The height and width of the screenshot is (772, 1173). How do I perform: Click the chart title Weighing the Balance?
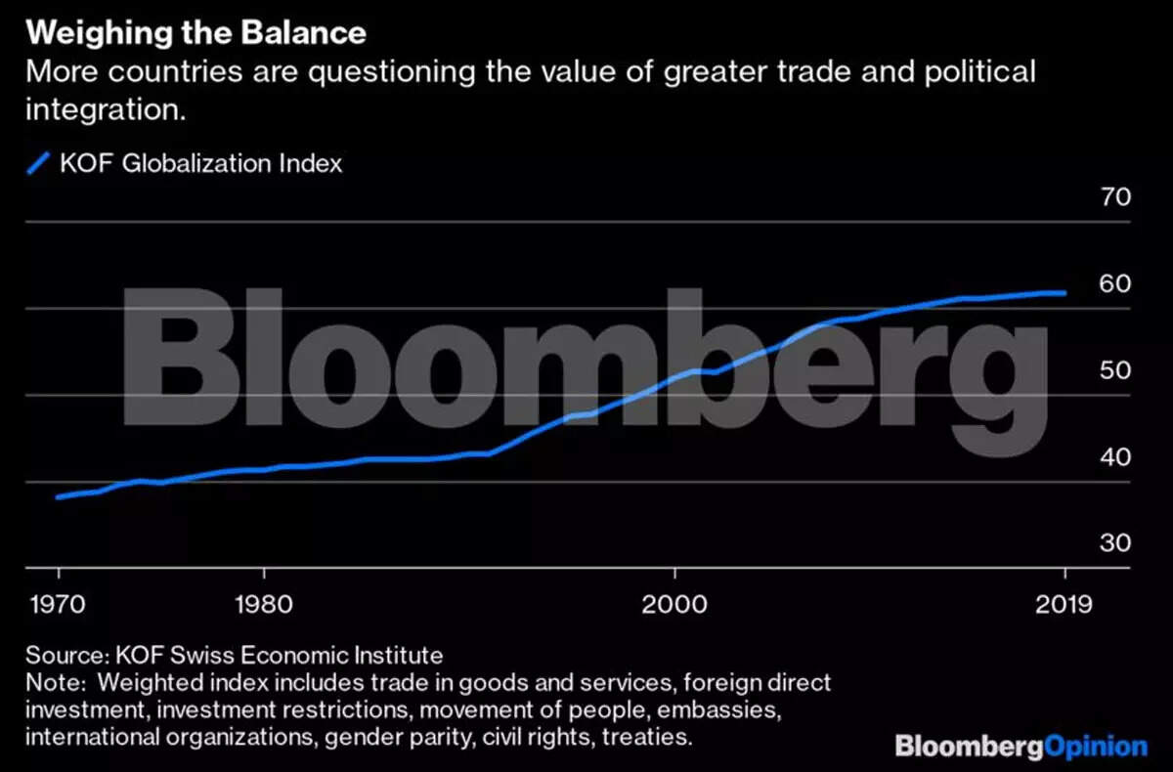point(195,32)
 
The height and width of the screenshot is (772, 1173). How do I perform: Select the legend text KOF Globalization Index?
point(200,163)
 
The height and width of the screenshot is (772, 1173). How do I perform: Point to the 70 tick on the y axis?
point(1116,197)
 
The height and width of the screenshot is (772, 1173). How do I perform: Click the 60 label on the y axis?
point(1116,284)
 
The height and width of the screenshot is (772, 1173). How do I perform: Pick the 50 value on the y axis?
point(1116,371)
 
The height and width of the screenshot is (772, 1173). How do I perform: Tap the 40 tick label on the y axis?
point(1116,457)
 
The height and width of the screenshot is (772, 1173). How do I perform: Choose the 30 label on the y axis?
point(1116,543)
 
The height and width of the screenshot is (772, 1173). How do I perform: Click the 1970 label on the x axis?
point(58,603)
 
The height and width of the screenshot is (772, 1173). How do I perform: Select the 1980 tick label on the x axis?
point(263,603)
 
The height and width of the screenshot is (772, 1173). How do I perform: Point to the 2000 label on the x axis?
point(674,603)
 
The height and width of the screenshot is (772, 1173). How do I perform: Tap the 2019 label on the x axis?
point(1064,603)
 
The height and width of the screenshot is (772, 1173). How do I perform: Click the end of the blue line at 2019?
point(1064,292)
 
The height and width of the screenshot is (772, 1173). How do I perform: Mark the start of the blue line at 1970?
point(59,496)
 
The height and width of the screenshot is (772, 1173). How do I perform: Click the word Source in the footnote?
point(60,655)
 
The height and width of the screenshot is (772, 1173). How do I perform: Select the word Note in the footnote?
point(49,682)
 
